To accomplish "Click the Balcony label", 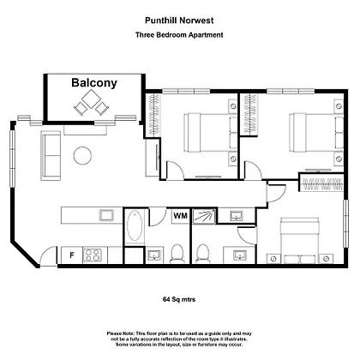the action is coord(94,83).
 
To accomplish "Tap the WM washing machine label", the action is coord(181,216).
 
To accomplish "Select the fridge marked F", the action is coord(72,255).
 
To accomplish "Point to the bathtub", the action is coord(135,226).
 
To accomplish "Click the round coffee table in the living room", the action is coord(82,155).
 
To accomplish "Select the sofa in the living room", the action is coord(51,156).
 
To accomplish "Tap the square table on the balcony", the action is coord(91,99).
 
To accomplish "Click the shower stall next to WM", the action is coord(204,216).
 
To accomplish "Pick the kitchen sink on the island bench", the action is coord(106,215).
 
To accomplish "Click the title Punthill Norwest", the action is coord(179,21).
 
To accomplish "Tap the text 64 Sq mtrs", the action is coord(179,299).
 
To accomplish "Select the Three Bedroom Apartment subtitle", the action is coord(179,35).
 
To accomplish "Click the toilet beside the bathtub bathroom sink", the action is coord(177,253).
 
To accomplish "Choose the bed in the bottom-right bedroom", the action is coord(300,240).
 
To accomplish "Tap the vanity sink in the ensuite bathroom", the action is coord(239,254).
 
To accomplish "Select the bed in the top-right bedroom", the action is coord(316,133).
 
